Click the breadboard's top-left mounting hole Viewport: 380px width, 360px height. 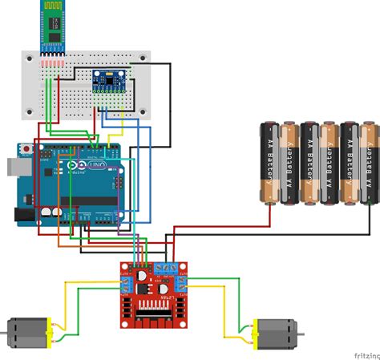(x=30, y=58)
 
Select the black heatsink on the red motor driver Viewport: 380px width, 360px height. (x=152, y=313)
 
